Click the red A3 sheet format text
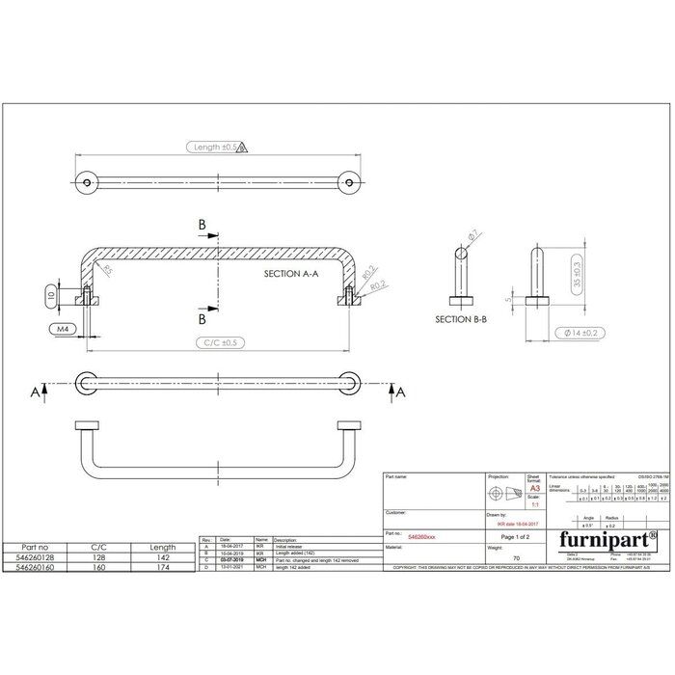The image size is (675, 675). pyautogui.click(x=533, y=490)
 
